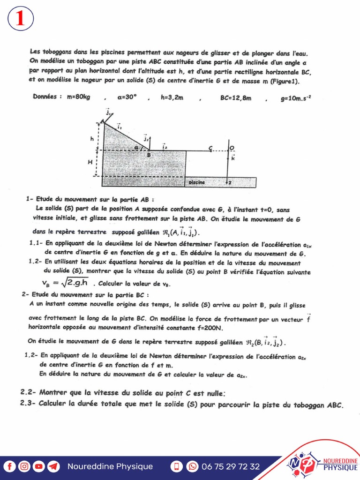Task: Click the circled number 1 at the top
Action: (x=20, y=19)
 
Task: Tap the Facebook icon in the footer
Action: (x=9, y=466)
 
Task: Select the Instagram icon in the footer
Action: (x=24, y=466)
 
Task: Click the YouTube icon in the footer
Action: (x=38, y=466)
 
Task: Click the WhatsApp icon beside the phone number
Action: (x=192, y=466)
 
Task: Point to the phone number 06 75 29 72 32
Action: (x=230, y=466)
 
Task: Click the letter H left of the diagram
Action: (x=90, y=162)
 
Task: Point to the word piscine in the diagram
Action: (x=197, y=182)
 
